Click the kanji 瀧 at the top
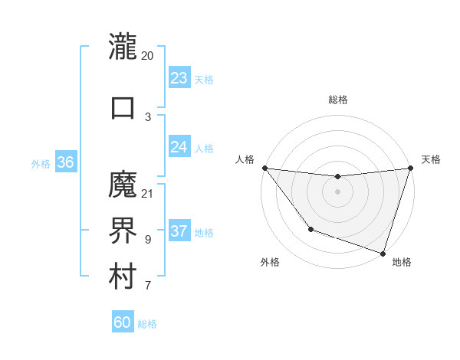123,47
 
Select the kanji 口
123,106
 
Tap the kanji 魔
123,184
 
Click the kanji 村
123,277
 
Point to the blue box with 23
179,78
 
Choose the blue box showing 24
179,147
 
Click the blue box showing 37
179,231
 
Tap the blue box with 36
65,162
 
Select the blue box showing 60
123,322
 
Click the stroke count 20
147,56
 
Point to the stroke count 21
147,193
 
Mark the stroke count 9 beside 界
147,240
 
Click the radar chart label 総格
337,100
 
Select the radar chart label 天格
431,159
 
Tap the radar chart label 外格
270,262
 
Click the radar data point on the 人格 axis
264,168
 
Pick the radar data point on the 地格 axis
383,253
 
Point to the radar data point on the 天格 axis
410,168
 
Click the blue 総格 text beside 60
147,324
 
